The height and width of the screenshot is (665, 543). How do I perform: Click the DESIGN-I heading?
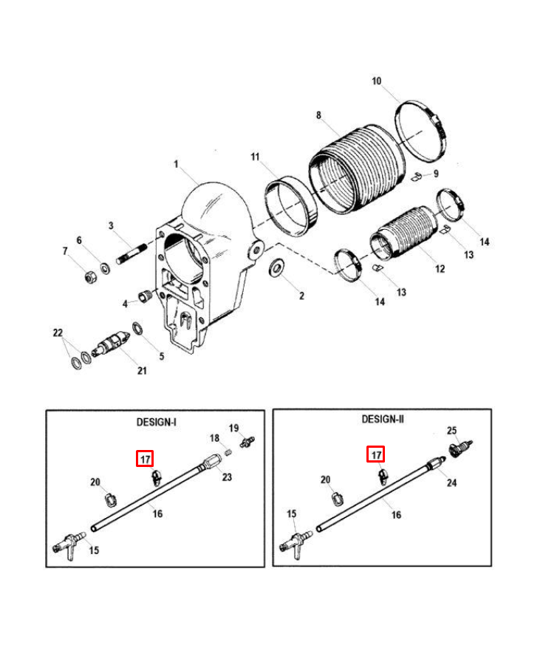(156, 422)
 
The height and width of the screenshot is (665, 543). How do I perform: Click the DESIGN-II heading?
(383, 419)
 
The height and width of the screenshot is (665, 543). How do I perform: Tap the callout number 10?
(377, 81)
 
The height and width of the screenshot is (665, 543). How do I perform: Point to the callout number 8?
(318, 115)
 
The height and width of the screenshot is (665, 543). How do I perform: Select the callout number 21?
(142, 371)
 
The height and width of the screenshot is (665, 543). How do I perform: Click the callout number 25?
(452, 431)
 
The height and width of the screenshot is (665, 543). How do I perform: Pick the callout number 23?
(228, 477)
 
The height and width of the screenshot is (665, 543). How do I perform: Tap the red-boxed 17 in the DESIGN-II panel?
(376, 455)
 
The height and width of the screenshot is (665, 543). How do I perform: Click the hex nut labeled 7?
(91, 277)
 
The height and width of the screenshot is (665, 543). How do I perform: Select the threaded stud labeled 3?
(132, 253)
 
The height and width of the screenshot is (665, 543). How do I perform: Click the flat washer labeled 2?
(278, 267)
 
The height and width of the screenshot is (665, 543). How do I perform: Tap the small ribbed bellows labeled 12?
(403, 233)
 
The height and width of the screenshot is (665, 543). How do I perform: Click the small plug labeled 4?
(146, 296)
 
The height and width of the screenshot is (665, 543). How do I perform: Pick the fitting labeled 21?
(111, 343)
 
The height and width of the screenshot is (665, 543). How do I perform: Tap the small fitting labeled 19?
(247, 442)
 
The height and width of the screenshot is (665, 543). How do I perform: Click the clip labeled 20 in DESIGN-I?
(110, 499)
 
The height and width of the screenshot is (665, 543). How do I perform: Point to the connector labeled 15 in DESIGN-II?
(296, 543)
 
